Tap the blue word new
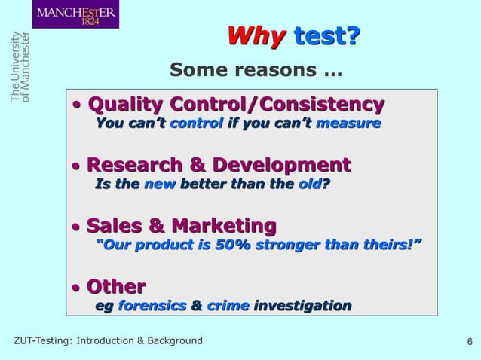[158, 184]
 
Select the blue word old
[308, 184]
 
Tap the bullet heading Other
[116, 287]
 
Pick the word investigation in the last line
[302, 306]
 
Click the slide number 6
[470, 343]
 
